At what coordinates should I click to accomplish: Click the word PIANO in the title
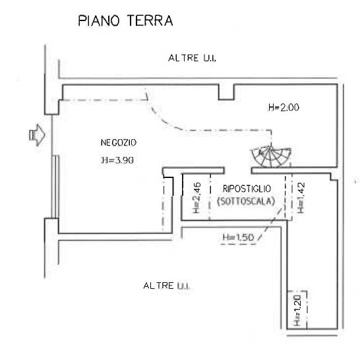click(x=99, y=20)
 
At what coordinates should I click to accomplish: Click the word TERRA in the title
click(x=150, y=20)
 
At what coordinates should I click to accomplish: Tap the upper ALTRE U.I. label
click(x=192, y=58)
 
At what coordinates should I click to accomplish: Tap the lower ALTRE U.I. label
click(x=166, y=285)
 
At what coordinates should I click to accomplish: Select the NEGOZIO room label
click(x=119, y=142)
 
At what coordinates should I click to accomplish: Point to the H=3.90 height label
click(x=117, y=160)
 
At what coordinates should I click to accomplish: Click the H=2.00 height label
click(x=284, y=107)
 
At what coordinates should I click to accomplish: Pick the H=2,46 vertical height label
click(x=197, y=198)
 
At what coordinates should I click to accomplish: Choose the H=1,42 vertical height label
click(x=301, y=198)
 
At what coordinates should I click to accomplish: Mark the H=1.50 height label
click(x=239, y=237)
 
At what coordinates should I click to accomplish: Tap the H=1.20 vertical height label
click(x=297, y=311)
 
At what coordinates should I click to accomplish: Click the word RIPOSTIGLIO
click(x=247, y=189)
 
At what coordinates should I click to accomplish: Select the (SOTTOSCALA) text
click(x=246, y=201)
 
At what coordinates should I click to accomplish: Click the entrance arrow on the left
click(x=37, y=135)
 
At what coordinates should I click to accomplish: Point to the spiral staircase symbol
click(x=271, y=156)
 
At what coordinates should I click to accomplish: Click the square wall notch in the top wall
click(x=226, y=92)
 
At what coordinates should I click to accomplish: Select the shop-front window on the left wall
click(x=55, y=187)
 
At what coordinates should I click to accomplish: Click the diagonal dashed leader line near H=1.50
click(x=270, y=224)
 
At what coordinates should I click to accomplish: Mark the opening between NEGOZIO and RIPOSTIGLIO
click(x=238, y=171)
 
